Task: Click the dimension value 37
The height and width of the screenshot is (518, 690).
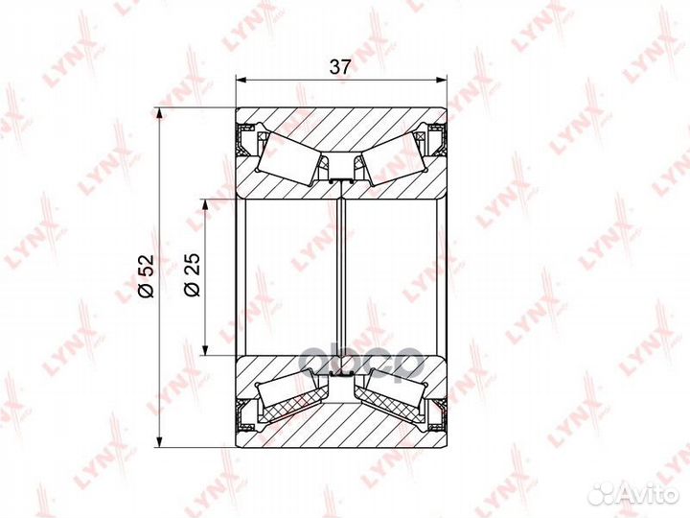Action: pos(340,67)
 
